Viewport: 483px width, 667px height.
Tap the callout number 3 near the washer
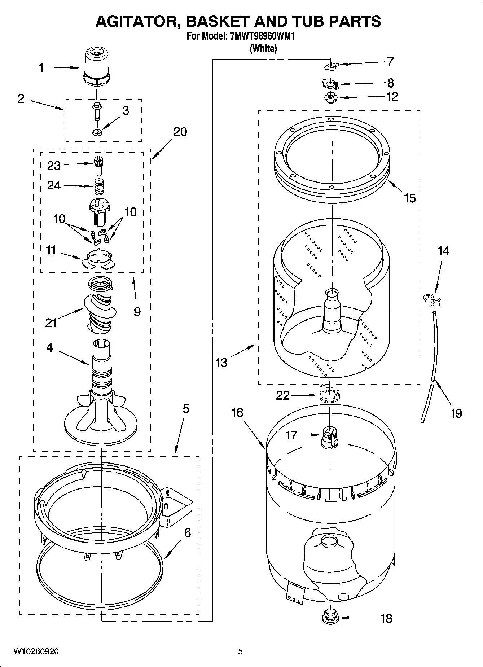pos(126,110)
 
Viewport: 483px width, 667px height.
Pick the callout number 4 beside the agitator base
pos(49,347)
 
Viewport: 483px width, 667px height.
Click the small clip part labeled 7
pos(330,66)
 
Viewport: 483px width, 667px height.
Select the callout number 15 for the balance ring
pos(410,198)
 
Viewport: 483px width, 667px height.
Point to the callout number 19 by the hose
pos(456,413)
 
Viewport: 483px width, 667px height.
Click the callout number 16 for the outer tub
pos(237,412)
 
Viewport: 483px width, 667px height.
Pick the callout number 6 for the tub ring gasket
pos(187,532)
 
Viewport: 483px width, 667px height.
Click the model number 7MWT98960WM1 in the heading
pos(259,36)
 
